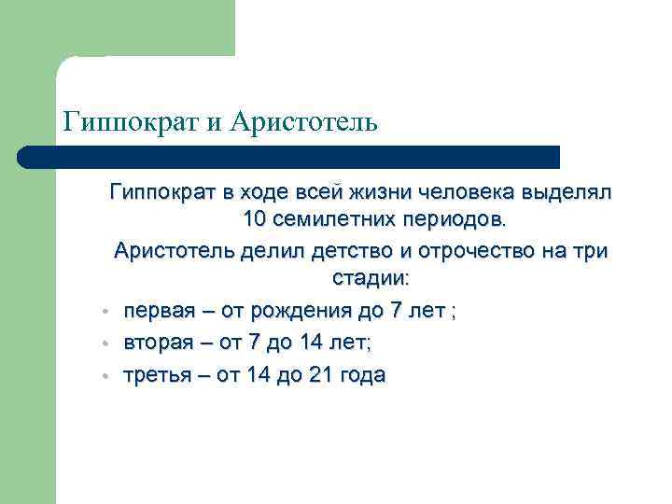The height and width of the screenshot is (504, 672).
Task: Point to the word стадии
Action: coord(370,279)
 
